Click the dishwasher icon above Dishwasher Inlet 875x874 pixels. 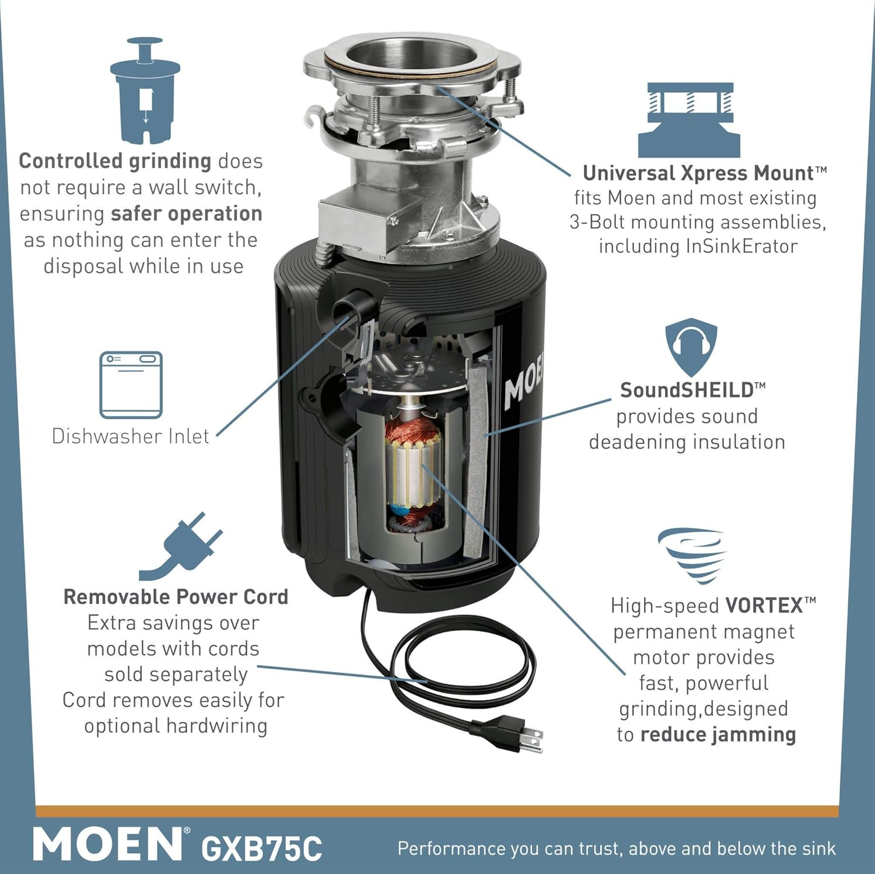click(131, 385)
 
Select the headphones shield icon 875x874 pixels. click(691, 347)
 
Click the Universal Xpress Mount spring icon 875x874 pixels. click(689, 120)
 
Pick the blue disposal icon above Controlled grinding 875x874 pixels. click(145, 90)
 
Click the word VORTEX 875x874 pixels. click(764, 606)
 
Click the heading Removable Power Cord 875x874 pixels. click(176, 597)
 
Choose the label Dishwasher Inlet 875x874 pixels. click(130, 436)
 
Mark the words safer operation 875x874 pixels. click(186, 214)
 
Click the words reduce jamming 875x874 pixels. click(718, 735)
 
